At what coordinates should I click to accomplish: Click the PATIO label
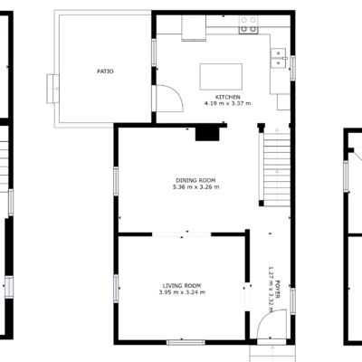click(105, 71)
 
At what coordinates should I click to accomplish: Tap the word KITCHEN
click(228, 97)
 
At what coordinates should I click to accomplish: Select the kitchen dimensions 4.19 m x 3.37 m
click(228, 103)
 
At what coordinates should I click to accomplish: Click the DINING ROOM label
click(195, 180)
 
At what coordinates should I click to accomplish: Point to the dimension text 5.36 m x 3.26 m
click(195, 187)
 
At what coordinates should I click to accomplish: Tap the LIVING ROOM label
click(182, 286)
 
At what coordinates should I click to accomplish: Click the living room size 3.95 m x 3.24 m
click(182, 292)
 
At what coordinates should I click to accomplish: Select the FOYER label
click(278, 290)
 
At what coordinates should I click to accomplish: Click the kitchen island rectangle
click(221, 77)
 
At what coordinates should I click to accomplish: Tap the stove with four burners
click(249, 24)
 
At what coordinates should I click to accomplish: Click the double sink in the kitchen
click(279, 58)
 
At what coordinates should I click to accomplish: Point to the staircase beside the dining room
click(277, 167)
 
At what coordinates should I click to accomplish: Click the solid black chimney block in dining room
click(207, 134)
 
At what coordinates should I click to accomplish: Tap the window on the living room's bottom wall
click(186, 342)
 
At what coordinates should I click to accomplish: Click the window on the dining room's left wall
click(116, 181)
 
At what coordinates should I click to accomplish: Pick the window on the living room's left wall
click(116, 289)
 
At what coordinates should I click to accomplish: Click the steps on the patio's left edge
click(52, 89)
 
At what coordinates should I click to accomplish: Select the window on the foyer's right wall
click(292, 301)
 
